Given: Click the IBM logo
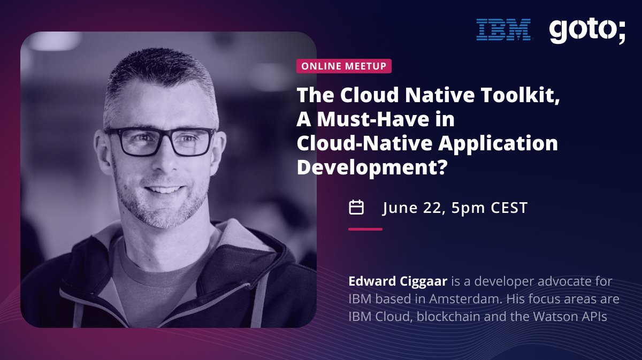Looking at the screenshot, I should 503,29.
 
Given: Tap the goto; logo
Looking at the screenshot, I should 587,31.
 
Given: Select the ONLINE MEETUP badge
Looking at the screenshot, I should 344,66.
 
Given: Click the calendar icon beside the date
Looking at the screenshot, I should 356,207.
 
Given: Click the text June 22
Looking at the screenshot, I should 412,208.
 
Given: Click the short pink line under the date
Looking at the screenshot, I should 365,229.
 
